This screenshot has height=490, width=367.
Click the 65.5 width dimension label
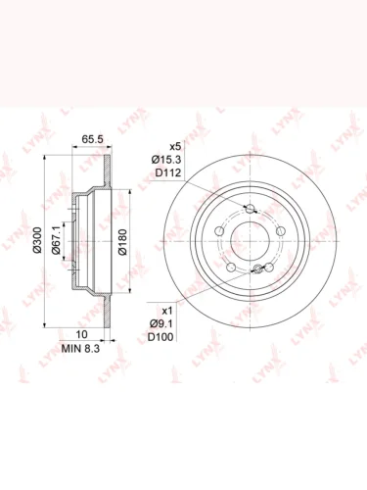tap(92, 139)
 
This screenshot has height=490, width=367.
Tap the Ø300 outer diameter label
tap(38, 240)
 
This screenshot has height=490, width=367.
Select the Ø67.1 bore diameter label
tap(56, 240)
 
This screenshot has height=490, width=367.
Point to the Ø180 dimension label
tap(122, 242)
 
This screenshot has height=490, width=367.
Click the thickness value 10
tap(81, 334)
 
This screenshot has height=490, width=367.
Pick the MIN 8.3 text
tap(80, 349)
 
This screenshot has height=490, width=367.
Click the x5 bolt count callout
tap(175, 146)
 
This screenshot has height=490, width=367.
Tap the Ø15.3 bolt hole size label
tap(166, 160)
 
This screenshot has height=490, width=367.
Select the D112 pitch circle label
tap(167, 172)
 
